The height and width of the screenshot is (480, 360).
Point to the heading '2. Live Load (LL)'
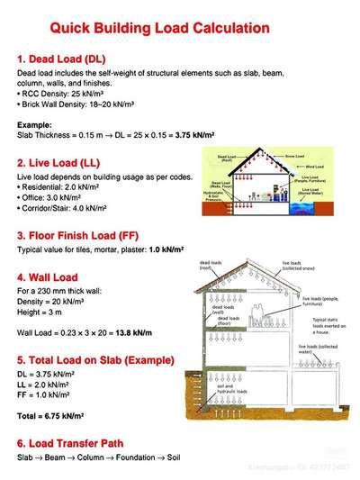58,163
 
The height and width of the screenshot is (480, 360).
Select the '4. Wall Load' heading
47,277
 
